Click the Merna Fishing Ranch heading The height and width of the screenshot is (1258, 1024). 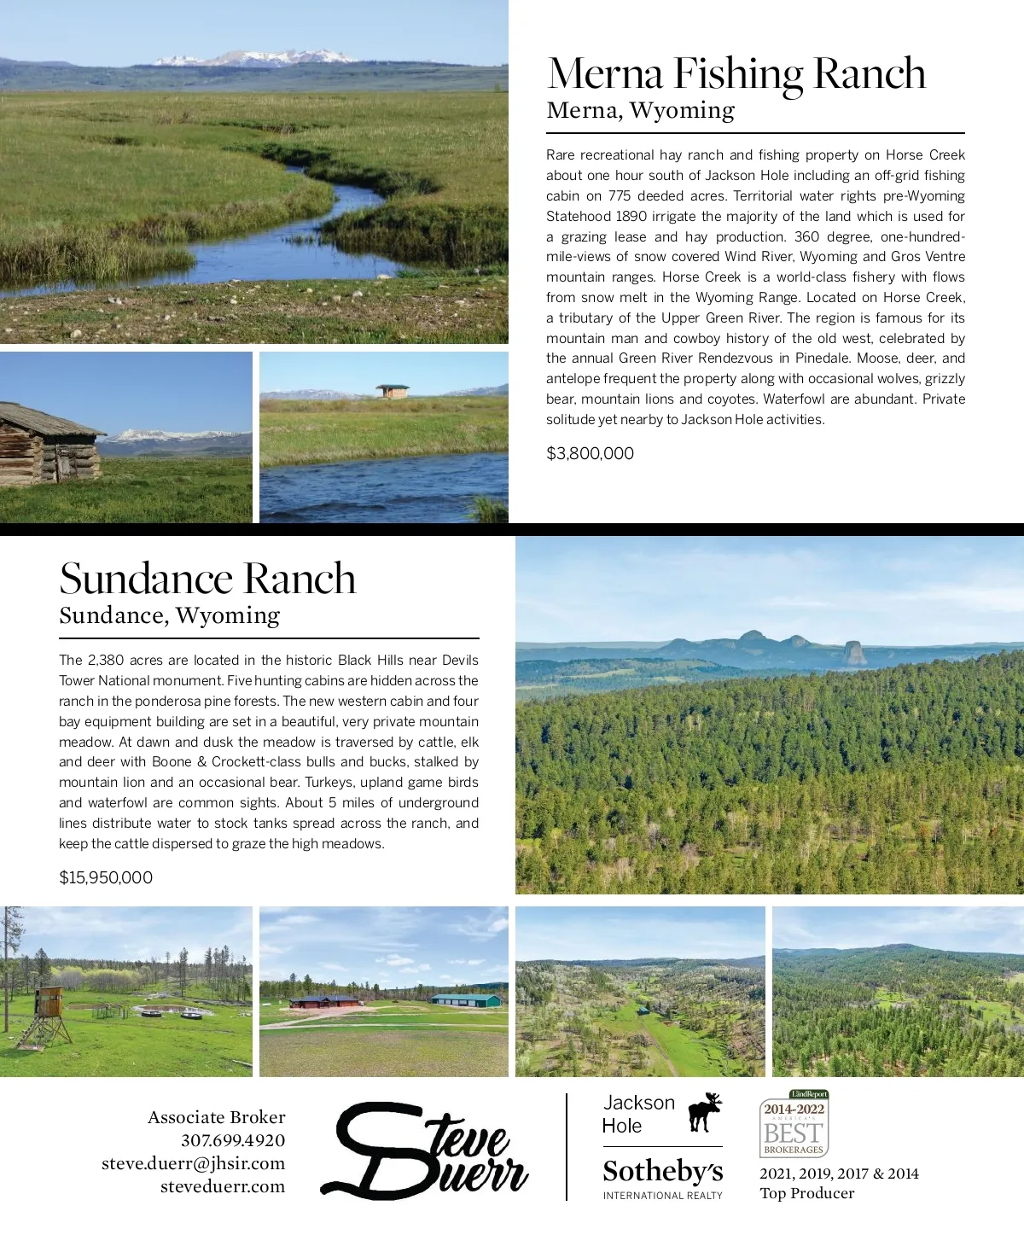coord(736,74)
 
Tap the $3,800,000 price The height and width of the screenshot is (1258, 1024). coord(590,453)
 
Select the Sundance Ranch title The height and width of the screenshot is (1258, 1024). coord(207,579)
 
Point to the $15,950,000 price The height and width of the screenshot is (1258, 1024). coord(106,877)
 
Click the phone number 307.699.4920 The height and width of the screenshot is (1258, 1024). coord(232,1140)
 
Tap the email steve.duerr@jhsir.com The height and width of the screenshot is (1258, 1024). coord(193,1163)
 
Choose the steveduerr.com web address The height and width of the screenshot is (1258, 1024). coord(222,1186)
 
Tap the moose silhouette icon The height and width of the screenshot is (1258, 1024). coord(705,1111)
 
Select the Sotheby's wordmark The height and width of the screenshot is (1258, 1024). coord(662,1171)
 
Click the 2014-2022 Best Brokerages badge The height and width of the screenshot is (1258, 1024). coord(794,1124)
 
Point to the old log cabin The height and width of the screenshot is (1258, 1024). coord(49,445)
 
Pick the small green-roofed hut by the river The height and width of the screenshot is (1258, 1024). coord(393,391)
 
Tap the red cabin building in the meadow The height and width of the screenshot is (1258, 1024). coord(324,1001)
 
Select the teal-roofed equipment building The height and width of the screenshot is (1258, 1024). coord(465,999)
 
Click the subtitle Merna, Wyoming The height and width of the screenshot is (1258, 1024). coord(640,111)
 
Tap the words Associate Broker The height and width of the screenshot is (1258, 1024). coord(216,1117)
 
